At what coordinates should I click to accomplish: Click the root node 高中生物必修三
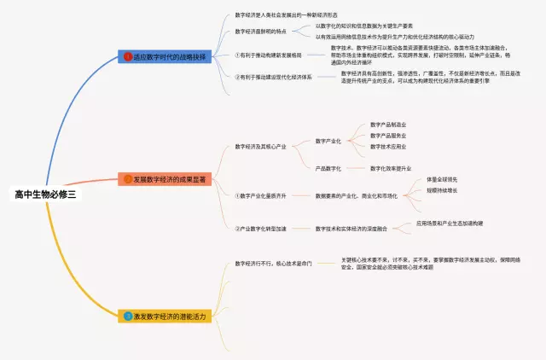tap(44, 195)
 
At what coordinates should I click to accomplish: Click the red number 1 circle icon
tap(128, 56)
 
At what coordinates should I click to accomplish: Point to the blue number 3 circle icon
tap(128, 316)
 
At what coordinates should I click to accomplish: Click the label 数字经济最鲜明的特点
tap(261, 31)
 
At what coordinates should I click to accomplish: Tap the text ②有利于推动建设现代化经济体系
tap(274, 77)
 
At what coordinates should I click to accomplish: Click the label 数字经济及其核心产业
tap(261, 147)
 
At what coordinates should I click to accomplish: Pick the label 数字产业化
tap(328, 140)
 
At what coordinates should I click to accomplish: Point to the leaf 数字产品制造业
tap(388, 125)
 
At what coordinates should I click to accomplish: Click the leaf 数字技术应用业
tap(388, 146)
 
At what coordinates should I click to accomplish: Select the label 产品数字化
tap(328, 168)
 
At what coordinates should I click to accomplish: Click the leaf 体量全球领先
tap(442, 179)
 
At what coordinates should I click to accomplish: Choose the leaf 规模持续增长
tap(442, 190)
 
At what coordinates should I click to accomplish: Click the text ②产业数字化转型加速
tap(261, 228)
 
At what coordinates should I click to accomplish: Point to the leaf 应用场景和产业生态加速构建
tap(450, 223)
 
